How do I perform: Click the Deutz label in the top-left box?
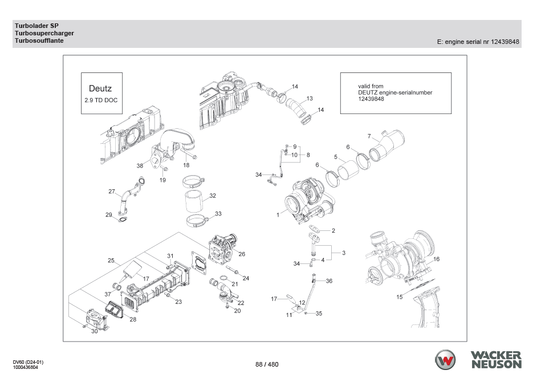(x=100, y=88)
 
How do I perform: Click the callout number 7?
(x=369, y=136)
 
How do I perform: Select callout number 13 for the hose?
(x=310, y=99)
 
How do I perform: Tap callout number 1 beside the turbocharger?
(x=278, y=215)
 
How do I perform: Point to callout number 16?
(x=437, y=259)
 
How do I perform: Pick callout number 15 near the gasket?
(x=400, y=296)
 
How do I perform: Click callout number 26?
(x=242, y=254)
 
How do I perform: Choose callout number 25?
(x=112, y=260)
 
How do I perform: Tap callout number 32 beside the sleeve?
(x=212, y=196)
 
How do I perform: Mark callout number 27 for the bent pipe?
(x=112, y=192)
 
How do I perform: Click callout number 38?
(x=140, y=166)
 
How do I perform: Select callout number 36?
(x=329, y=281)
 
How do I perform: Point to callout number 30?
(x=95, y=331)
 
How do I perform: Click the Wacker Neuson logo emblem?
(x=446, y=360)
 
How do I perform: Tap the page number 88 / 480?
(x=267, y=364)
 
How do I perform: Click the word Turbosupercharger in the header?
(x=44, y=34)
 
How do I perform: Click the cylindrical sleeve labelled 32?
(x=196, y=202)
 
